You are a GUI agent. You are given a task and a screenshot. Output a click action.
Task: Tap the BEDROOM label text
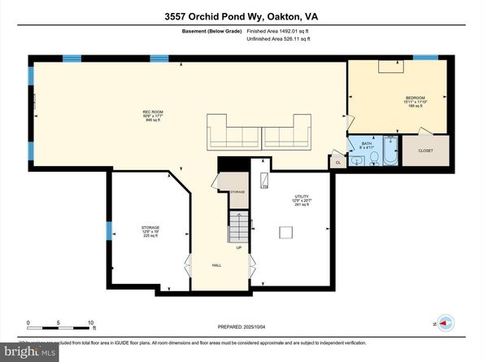(x=416, y=100)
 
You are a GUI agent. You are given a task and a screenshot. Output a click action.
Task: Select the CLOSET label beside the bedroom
(x=426, y=150)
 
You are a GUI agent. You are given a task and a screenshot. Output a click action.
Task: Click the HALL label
(x=217, y=265)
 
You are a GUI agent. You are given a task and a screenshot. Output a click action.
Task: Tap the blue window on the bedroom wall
(x=424, y=58)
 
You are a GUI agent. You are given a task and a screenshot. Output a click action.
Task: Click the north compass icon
(x=443, y=323)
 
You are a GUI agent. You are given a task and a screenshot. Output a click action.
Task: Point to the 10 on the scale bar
(x=91, y=322)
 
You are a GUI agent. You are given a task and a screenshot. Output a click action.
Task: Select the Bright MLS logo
(x=29, y=351)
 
